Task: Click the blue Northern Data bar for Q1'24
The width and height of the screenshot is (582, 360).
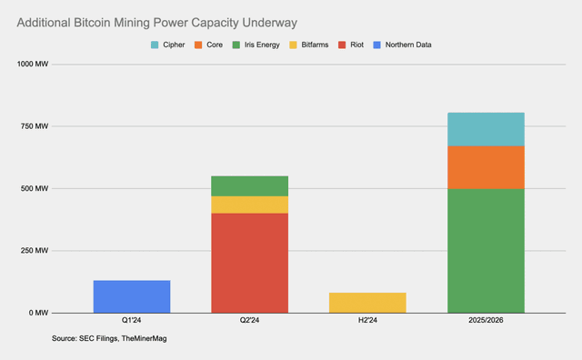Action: click(x=132, y=296)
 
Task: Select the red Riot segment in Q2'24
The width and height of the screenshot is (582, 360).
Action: click(x=250, y=264)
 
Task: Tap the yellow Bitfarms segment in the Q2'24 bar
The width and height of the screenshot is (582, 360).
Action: click(x=250, y=205)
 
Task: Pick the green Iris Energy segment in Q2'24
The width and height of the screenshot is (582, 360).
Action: click(x=250, y=185)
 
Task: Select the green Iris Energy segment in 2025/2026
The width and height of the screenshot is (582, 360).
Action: click(x=486, y=250)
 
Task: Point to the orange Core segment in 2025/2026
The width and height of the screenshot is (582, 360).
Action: click(x=486, y=167)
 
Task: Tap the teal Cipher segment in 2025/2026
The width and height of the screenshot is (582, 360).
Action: click(x=486, y=129)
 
